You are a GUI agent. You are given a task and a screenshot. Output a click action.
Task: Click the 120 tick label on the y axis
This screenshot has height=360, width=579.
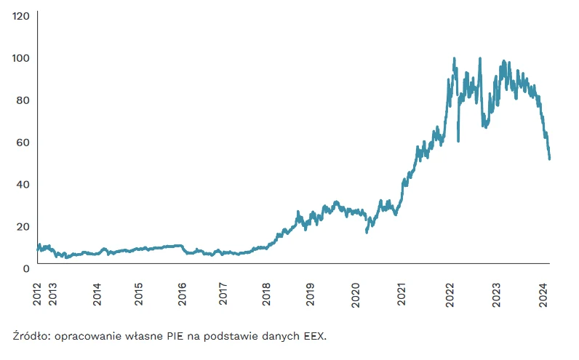(20, 16)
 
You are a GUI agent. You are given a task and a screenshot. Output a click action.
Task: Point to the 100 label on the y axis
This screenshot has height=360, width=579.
(20, 58)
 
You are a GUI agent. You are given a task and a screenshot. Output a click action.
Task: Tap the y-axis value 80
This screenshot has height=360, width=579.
(23, 100)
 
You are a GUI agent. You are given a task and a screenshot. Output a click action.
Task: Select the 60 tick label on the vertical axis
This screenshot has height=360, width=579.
(23, 143)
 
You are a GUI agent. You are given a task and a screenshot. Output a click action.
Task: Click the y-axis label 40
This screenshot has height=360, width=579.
(23, 185)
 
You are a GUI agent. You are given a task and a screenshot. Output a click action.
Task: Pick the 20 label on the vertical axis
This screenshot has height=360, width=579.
(23, 227)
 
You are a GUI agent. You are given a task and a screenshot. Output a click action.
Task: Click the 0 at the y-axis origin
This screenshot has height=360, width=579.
(26, 269)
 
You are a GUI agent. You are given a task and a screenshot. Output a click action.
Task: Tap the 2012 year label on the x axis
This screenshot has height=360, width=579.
(37, 295)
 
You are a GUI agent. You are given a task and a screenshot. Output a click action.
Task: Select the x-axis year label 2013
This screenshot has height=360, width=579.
(53, 295)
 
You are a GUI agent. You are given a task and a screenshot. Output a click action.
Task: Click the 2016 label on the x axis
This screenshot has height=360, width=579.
(182, 295)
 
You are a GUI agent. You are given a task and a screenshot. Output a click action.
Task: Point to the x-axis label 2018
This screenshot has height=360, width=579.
(266, 295)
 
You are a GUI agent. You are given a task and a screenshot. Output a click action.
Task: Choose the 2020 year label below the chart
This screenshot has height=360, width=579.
(355, 295)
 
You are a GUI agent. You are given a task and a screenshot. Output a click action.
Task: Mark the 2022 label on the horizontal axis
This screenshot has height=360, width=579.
(450, 295)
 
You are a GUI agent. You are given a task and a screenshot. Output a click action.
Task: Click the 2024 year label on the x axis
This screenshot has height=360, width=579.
(543, 295)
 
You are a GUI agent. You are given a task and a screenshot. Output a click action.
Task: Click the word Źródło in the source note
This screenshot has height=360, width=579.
(31, 336)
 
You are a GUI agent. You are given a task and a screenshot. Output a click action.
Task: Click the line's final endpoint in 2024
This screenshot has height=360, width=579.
(549, 159)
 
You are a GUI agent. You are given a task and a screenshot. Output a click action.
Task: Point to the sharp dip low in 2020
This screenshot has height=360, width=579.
(367, 232)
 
